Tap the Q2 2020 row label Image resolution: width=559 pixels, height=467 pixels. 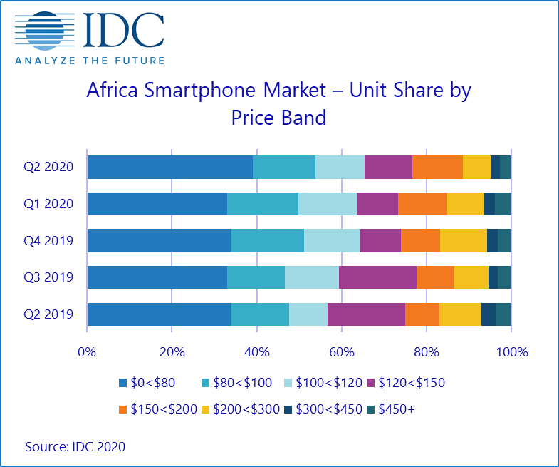click(x=49, y=168)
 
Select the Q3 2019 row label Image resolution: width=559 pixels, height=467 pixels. click(x=49, y=277)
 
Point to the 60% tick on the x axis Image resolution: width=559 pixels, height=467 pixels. click(x=342, y=351)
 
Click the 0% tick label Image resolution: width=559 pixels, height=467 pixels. click(x=87, y=351)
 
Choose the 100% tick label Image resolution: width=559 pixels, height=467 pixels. click(x=511, y=351)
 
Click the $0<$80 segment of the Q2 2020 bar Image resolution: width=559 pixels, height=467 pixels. click(x=169, y=168)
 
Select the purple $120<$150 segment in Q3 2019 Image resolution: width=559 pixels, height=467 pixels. click(x=377, y=277)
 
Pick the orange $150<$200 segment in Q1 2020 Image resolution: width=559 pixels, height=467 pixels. click(x=422, y=204)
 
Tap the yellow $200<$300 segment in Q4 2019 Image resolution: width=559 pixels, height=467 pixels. click(x=463, y=241)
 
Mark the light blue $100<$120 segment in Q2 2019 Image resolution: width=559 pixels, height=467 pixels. click(x=308, y=314)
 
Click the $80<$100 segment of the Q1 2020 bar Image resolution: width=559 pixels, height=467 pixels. click(x=262, y=204)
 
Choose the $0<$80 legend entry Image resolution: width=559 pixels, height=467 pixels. click(x=151, y=383)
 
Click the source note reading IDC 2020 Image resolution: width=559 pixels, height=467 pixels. click(x=75, y=447)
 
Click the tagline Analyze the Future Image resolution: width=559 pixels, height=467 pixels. click(x=90, y=61)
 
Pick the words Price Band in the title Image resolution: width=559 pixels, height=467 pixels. click(x=278, y=117)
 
